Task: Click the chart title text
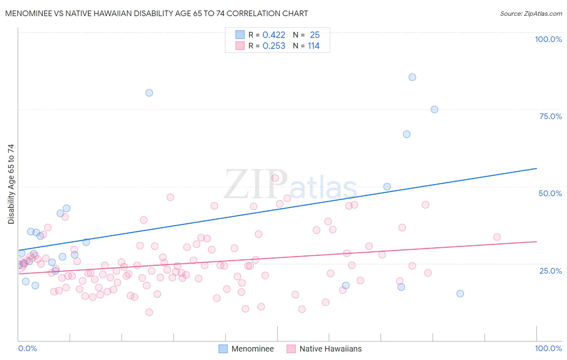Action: click(156, 13)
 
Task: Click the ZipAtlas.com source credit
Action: click(531, 13)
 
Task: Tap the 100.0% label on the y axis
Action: click(548, 39)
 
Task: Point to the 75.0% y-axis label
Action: click(550, 116)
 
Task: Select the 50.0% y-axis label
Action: click(550, 193)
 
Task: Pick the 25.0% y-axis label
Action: click(550, 270)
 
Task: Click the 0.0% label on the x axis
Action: click(27, 348)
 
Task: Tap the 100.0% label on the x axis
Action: click(548, 348)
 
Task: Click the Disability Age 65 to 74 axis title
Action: click(11, 184)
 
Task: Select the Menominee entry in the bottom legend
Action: click(252, 349)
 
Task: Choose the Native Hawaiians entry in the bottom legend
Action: click(330, 349)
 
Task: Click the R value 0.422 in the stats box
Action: click(274, 35)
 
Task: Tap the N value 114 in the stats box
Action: click(313, 46)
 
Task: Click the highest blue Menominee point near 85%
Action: click(412, 77)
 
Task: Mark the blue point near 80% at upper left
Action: click(149, 93)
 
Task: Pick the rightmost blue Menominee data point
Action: click(460, 293)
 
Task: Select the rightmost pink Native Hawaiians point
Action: click(497, 237)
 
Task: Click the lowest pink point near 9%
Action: click(149, 312)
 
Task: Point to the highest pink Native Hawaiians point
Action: click(275, 178)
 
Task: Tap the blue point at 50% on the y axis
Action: click(387, 186)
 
